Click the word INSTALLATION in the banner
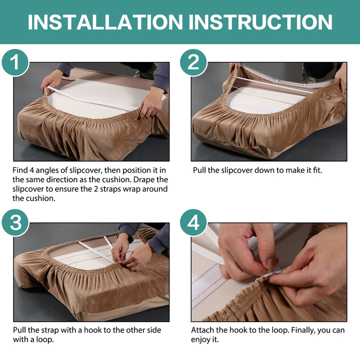pyautogui.click(x=105, y=22)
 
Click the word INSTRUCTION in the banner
pyautogui.click(x=260, y=22)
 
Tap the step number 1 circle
pyautogui.click(x=15, y=62)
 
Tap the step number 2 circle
pyautogui.click(x=193, y=62)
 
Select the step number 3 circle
pyautogui.click(x=15, y=222)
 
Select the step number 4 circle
pyautogui.click(x=193, y=222)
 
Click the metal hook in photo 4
pyautogui.click(x=276, y=270)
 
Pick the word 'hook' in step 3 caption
pyautogui.click(x=92, y=330)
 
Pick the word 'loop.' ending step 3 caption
pyautogui.click(x=45, y=340)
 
